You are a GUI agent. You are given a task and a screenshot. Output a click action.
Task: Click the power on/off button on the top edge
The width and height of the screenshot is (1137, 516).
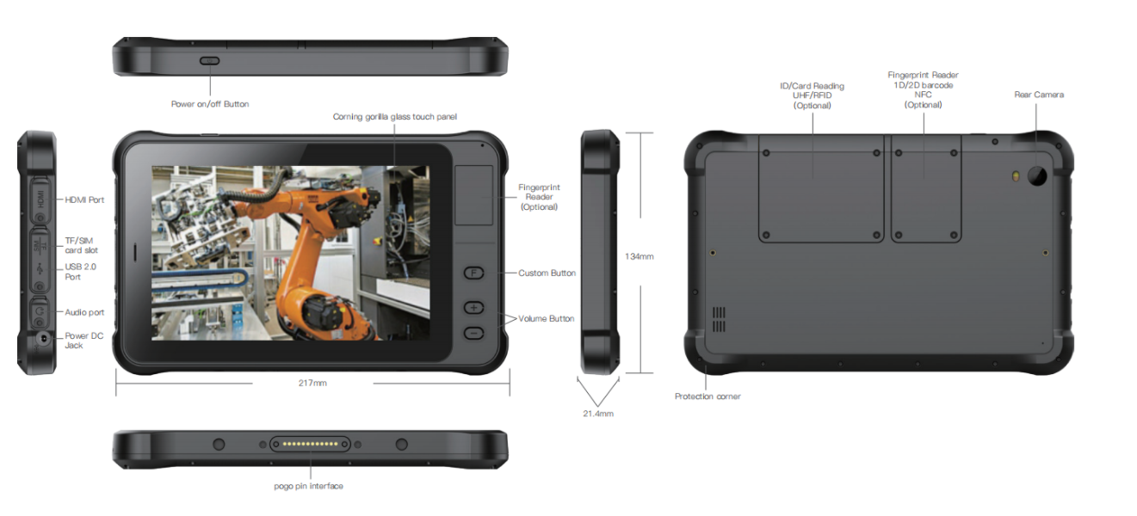[210, 61]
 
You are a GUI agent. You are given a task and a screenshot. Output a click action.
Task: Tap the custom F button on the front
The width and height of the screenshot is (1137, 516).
[473, 273]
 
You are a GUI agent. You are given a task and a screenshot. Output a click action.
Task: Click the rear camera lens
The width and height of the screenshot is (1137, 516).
[1037, 175]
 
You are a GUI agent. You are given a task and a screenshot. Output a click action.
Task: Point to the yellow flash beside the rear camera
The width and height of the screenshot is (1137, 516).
[1016, 176]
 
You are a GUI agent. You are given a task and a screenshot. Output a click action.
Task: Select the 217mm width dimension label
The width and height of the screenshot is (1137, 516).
[312, 383]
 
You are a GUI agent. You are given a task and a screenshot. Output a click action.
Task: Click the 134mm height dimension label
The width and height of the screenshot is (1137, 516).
[639, 257]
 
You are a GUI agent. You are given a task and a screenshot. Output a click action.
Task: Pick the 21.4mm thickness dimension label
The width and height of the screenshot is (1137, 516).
[598, 414]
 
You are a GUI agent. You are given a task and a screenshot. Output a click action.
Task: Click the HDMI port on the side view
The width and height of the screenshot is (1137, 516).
[40, 200]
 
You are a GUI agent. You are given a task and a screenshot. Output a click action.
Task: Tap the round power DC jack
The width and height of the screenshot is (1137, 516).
[44, 338]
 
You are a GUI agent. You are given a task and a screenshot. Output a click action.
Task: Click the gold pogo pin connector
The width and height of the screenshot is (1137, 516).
[310, 444]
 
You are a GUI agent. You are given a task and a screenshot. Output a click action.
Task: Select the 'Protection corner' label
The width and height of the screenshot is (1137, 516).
[708, 396]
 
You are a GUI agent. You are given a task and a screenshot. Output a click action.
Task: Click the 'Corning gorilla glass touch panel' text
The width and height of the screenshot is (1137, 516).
[395, 117]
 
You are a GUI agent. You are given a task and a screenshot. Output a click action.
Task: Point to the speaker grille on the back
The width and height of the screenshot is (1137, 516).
[719, 319]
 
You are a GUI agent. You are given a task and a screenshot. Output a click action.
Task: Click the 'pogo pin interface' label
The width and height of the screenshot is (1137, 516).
[309, 486]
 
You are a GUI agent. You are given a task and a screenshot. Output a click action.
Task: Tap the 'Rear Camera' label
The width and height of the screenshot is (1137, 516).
[1039, 95]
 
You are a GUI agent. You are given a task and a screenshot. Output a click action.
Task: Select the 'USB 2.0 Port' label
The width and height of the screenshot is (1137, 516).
[80, 272]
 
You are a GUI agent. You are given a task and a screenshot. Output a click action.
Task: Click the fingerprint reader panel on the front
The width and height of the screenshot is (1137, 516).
[473, 195]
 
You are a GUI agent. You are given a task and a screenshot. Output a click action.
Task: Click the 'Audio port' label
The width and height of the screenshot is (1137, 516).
[84, 312]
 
